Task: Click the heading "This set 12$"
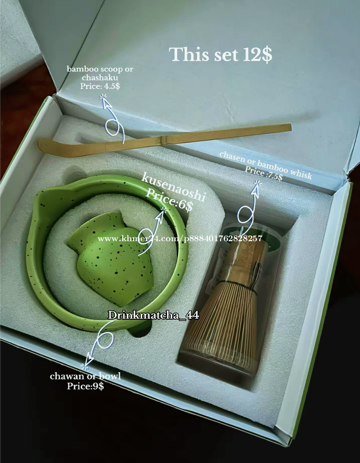click(220, 54)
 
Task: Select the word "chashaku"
click(100, 77)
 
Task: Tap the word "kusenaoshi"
click(173, 187)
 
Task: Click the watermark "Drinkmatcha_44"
click(153, 315)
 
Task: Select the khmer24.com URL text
click(180, 238)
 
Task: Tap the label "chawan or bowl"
click(85, 376)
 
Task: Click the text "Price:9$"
click(85, 386)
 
